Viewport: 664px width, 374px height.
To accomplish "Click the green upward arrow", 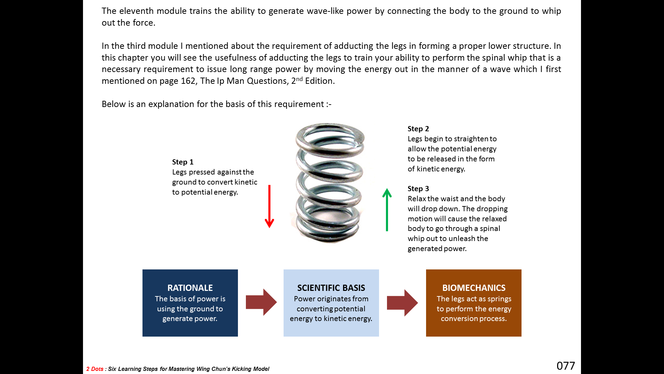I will tap(387, 210).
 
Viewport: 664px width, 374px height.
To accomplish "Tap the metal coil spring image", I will tap(330, 182).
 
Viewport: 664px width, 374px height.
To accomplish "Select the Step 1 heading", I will tap(183, 162).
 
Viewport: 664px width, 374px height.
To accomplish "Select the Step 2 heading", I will tap(418, 129).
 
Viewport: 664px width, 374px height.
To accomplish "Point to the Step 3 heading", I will tap(418, 189).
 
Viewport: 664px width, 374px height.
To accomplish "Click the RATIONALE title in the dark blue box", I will tap(190, 288).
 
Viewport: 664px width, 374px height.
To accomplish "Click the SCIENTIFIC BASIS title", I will tap(331, 288).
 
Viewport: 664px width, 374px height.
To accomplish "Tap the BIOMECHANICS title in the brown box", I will tap(474, 288).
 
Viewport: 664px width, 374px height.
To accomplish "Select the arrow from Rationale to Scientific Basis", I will tap(261, 302).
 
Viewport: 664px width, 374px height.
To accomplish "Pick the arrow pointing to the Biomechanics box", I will tap(402, 303).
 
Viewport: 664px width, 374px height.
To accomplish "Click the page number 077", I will tap(566, 366).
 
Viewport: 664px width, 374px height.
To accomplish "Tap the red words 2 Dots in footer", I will tap(95, 369).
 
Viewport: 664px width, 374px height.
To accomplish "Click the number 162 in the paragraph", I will tap(188, 81).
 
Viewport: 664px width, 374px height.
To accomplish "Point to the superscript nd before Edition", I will tap(299, 79).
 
